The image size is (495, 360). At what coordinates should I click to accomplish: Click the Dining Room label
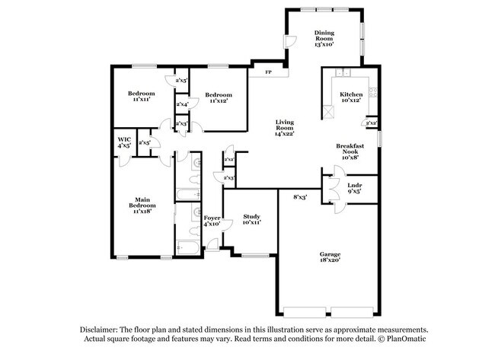point(325,37)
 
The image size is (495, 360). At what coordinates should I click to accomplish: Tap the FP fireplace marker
point(268,72)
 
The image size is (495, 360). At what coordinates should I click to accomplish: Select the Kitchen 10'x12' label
point(351,98)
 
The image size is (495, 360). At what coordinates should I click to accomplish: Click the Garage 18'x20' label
point(329,257)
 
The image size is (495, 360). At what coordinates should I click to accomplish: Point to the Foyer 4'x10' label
point(211,221)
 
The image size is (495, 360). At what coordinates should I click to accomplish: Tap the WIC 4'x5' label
point(123,142)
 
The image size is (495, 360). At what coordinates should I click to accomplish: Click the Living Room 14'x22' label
point(284,127)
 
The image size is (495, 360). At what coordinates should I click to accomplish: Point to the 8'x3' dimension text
point(300,197)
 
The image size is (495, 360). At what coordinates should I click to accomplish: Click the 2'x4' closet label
point(182,104)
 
